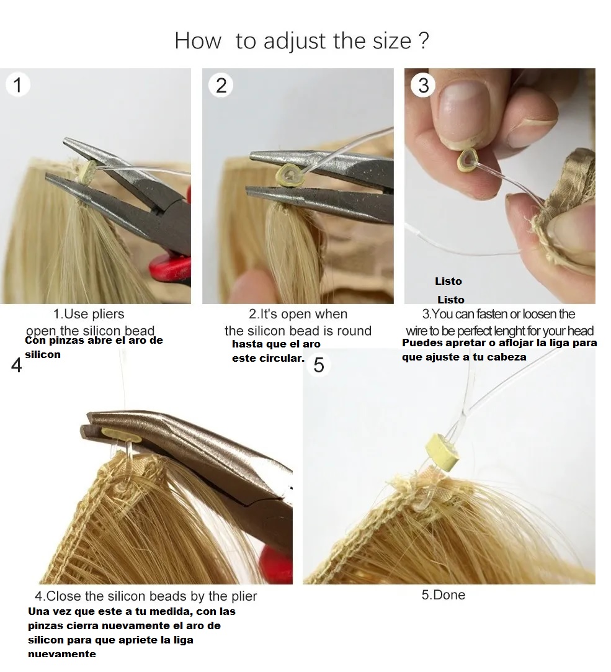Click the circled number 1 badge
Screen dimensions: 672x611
point(17,85)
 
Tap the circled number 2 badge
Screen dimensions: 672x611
point(221,85)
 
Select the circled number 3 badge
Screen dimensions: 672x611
point(424,85)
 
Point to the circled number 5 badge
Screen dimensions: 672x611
point(319,365)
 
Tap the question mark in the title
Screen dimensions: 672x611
point(423,41)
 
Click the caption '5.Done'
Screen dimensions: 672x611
point(443,594)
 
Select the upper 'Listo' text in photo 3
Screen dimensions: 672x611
point(448,281)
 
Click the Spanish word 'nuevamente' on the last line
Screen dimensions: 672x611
point(62,654)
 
